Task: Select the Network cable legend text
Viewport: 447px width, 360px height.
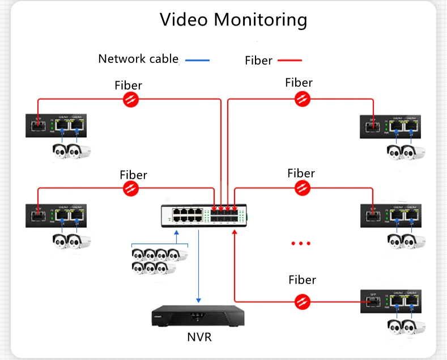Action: (138, 58)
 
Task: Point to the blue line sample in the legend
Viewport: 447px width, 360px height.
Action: (197, 60)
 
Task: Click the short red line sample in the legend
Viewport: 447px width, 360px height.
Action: (290, 60)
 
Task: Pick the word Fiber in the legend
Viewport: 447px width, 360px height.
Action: (259, 60)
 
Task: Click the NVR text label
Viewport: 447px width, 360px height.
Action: (199, 337)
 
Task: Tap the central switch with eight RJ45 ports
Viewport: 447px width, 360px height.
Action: (206, 215)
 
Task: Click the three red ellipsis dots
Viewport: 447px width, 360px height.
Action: (300, 243)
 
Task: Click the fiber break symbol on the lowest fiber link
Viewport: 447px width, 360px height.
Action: (303, 301)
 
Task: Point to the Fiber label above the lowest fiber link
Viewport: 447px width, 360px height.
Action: (302, 279)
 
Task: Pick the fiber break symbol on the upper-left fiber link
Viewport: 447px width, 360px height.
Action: (131, 100)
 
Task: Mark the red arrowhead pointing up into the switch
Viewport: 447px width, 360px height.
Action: (234, 232)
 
